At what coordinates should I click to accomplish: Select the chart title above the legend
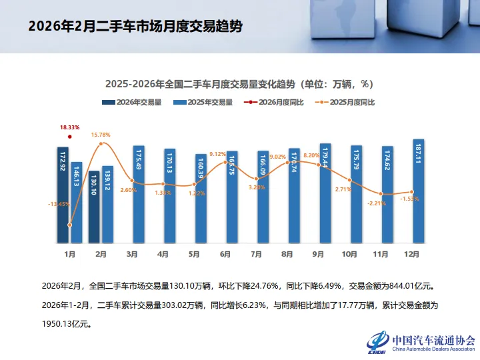point(239,84)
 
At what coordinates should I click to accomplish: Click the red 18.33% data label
point(69,127)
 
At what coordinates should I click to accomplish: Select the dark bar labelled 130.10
point(94,207)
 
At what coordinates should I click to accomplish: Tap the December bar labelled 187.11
point(418,191)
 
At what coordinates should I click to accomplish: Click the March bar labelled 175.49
point(138,194)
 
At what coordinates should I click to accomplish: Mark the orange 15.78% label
point(101,135)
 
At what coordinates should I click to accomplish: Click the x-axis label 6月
point(225,254)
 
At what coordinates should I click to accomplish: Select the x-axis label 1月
point(69,254)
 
